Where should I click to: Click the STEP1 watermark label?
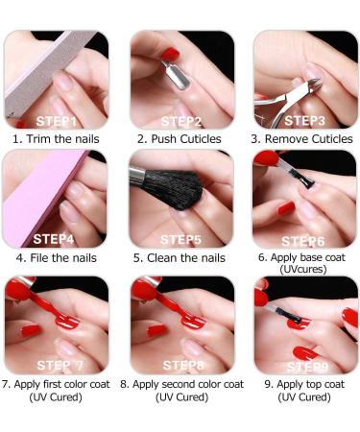tap(55, 121)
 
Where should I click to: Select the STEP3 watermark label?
tap(305, 121)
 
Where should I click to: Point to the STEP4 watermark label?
tap(55, 239)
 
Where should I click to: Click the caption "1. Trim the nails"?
tap(56, 139)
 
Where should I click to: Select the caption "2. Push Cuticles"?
tap(180, 139)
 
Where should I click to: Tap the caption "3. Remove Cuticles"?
tap(302, 139)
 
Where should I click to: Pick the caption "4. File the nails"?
tap(56, 258)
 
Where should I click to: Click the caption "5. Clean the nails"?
tap(180, 258)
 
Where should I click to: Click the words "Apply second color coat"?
tap(187, 384)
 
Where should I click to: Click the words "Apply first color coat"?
tap(62, 384)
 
